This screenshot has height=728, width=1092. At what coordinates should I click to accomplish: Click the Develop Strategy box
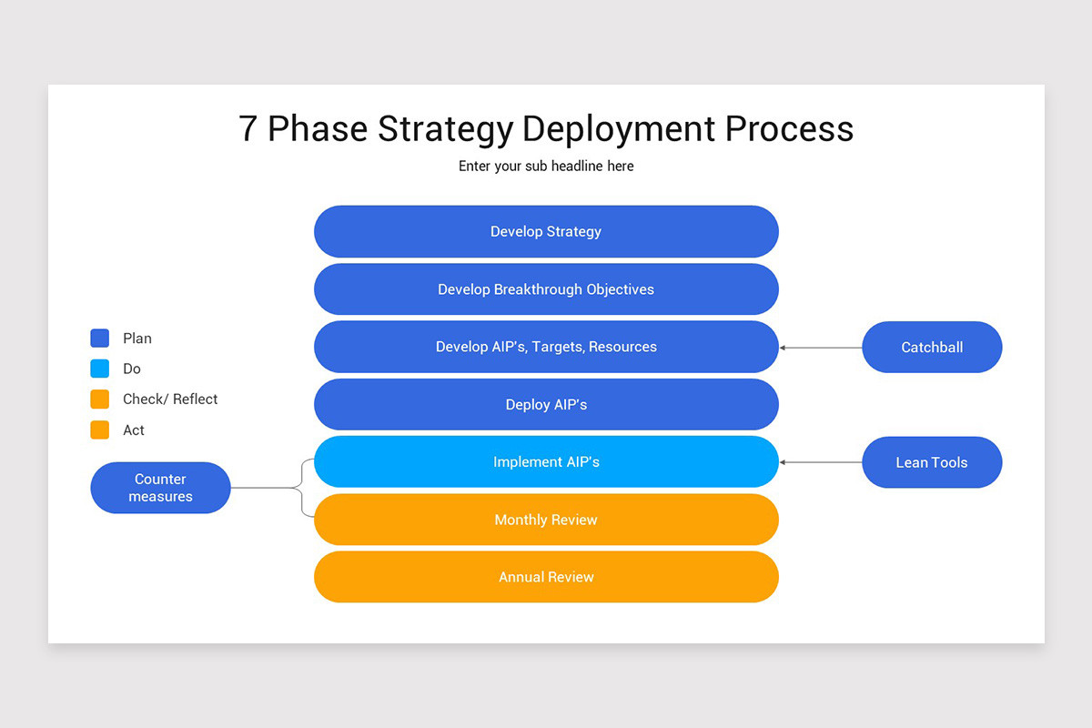pos(546,231)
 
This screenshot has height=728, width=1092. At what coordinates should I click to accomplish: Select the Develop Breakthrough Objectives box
pos(546,289)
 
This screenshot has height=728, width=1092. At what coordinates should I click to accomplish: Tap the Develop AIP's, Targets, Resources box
pos(546,347)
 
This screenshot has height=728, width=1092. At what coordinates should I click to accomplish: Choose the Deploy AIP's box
pos(546,404)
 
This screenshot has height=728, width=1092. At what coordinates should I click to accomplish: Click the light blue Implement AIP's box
pos(546,462)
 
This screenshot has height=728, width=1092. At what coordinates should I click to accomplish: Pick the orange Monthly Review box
pos(546,520)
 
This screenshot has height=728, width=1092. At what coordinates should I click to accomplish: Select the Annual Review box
pos(546,577)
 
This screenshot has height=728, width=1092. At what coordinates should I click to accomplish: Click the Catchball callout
pos(932,347)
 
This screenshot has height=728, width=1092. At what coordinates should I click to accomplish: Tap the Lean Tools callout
pos(932,462)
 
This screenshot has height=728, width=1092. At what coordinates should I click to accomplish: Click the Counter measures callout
pos(160,488)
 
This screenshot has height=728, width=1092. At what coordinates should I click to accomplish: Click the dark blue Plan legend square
pos(100,339)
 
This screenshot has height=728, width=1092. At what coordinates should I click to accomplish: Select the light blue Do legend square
pos(100,369)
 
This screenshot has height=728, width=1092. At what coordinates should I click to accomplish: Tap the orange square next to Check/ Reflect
pos(100,399)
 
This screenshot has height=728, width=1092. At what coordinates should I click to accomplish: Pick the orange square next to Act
pos(100,430)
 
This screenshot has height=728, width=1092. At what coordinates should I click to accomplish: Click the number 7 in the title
pos(248,129)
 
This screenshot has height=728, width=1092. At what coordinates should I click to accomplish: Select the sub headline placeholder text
pos(546,167)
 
